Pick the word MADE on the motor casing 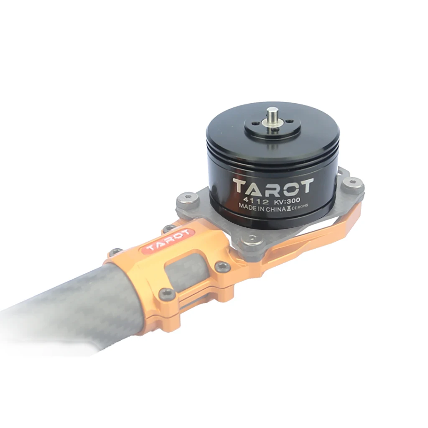247,206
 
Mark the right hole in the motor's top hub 289,122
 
